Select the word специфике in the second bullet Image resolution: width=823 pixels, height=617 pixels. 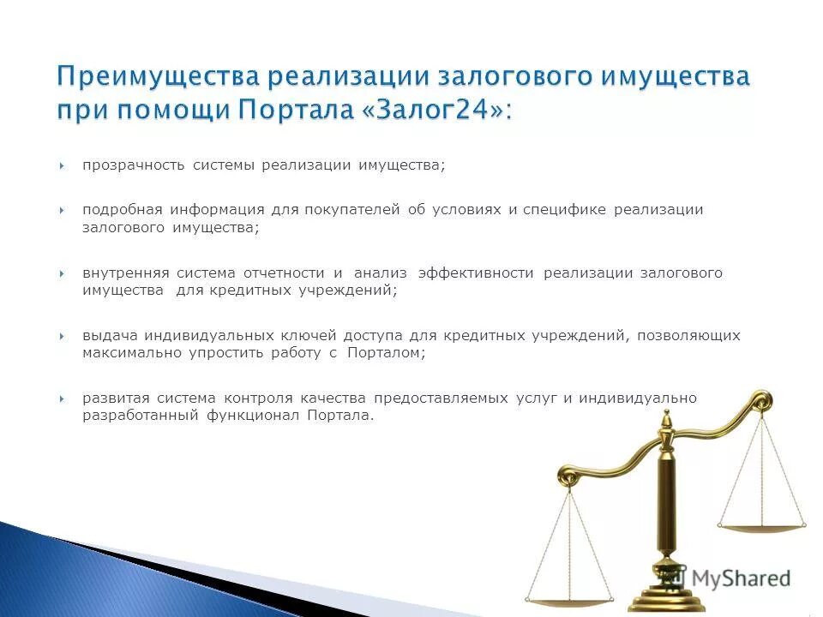(x=566, y=210)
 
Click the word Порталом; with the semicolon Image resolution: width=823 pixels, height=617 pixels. (x=387, y=353)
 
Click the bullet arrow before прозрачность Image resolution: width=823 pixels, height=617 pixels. (x=63, y=165)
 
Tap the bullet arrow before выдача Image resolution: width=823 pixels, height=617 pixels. (x=63, y=336)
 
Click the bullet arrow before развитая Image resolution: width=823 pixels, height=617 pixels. (x=63, y=398)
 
